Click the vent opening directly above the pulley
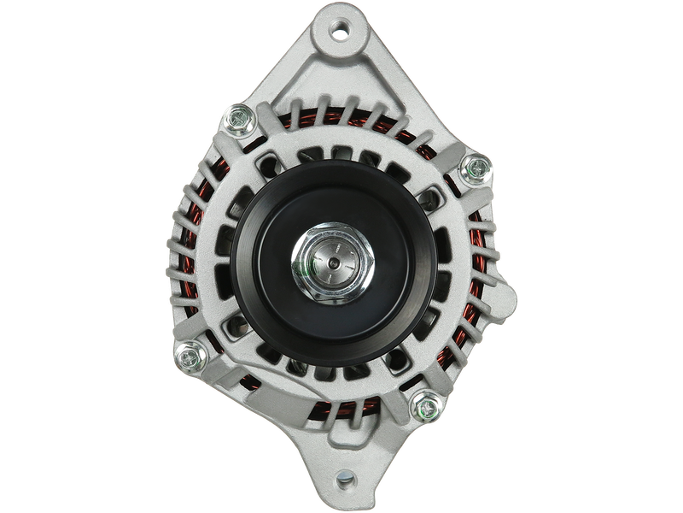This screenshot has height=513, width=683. (x=341, y=155)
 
